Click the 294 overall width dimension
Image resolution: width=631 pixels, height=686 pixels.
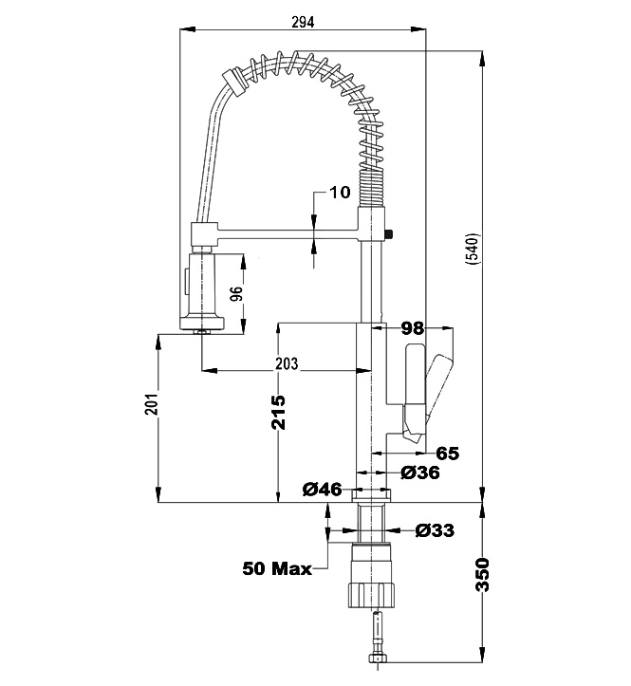click(x=304, y=21)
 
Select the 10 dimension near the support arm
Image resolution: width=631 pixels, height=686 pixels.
click(x=340, y=193)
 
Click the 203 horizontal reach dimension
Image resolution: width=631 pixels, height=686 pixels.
click(x=287, y=362)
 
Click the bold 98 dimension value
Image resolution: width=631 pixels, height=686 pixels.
click(x=412, y=328)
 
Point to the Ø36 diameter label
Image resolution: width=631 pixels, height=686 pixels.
click(x=419, y=473)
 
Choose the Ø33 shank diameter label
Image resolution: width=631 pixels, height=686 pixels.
click(x=435, y=530)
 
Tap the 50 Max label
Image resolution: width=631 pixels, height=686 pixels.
click(x=277, y=569)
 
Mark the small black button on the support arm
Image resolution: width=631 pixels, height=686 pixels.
click(x=390, y=232)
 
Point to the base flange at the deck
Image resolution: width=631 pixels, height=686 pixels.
click(x=372, y=494)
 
